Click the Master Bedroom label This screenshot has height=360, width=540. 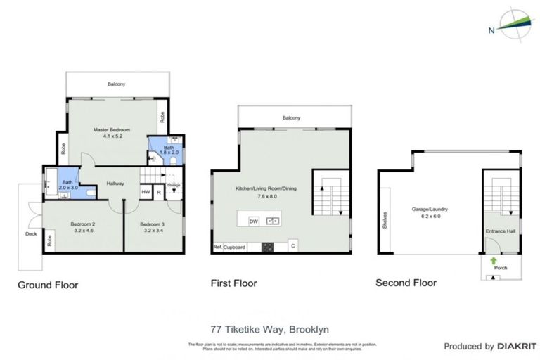[x=112, y=130]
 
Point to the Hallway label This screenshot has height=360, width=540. [x=115, y=184]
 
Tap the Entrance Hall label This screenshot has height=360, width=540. [x=500, y=231]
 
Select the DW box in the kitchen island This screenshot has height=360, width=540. [x=254, y=221]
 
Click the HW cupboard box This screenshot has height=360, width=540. [x=146, y=192]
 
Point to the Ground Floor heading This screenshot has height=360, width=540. [x=48, y=285]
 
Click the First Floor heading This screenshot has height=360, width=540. [x=234, y=283]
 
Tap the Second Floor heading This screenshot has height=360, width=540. [x=406, y=283]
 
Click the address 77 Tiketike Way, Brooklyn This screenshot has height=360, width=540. [x=270, y=328]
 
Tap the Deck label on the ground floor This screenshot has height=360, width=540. [x=30, y=234]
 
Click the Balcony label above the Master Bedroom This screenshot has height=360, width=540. [x=117, y=84]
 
